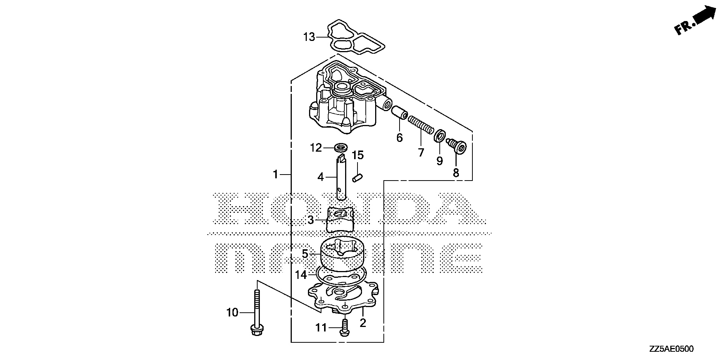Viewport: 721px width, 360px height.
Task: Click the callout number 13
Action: coord(309,38)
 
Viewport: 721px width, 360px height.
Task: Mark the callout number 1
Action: coord(275,175)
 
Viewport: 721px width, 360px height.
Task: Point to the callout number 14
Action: coord(301,275)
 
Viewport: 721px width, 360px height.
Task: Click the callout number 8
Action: coord(456,173)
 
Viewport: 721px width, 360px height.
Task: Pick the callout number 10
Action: coord(232,312)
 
